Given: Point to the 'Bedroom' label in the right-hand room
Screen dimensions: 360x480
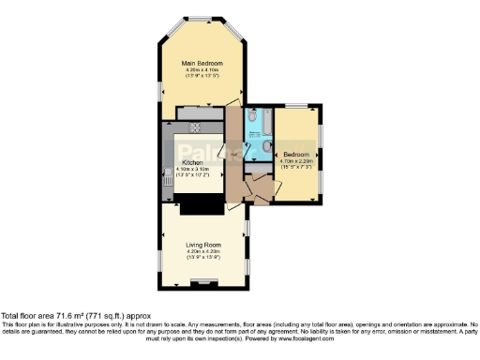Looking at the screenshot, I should (x=297, y=154).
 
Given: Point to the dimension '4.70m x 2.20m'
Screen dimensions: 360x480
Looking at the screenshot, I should (x=297, y=160).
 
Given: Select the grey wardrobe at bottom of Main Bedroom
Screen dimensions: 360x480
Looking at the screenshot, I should (x=195, y=112).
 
